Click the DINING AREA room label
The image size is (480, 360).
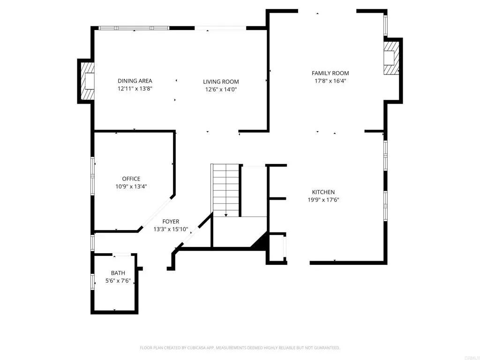[x=135, y=81]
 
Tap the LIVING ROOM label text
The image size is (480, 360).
[x=221, y=82]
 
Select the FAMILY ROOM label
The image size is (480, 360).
[x=330, y=73]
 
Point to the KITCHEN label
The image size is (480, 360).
[x=323, y=192]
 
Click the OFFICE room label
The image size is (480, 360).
[x=131, y=179]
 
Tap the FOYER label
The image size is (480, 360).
[x=171, y=221]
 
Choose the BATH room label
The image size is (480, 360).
[x=118, y=273]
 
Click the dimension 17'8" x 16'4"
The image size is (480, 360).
[x=330, y=81]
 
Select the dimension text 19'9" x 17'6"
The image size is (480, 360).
[x=323, y=200]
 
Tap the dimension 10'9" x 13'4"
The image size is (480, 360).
[x=131, y=187]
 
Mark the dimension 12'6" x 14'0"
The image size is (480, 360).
[x=221, y=90]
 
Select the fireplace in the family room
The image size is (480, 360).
[x=391, y=58]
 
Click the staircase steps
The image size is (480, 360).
[x=226, y=190]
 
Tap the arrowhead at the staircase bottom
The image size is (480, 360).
[x=226, y=216]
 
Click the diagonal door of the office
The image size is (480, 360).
[x=157, y=213]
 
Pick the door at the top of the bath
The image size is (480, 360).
[x=122, y=254]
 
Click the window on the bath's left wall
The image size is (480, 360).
[x=92, y=282]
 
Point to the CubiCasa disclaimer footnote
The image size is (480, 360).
[x=240, y=348]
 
